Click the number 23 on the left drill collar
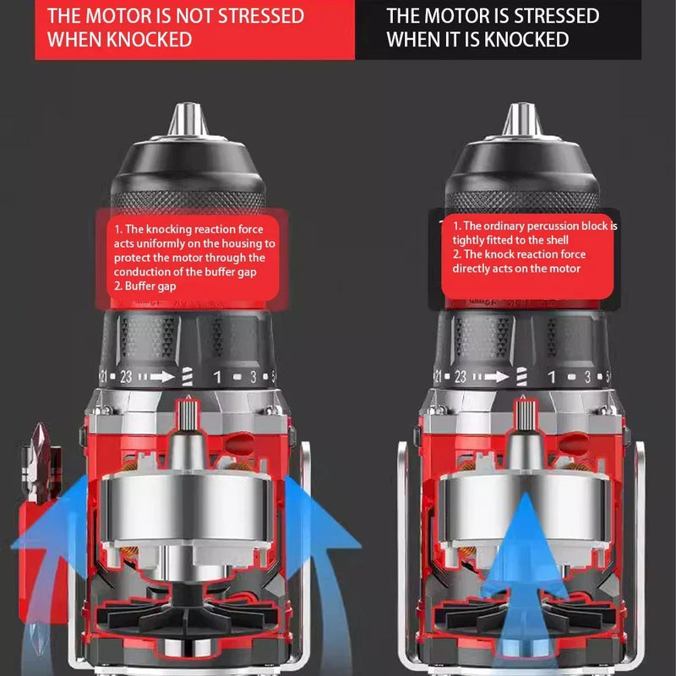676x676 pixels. point(126,378)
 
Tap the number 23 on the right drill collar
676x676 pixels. point(461,378)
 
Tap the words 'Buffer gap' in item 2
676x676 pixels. point(152,286)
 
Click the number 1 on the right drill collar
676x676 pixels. point(550,378)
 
